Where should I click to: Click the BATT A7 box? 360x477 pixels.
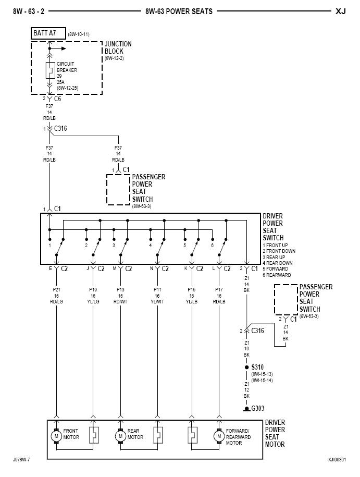(48, 33)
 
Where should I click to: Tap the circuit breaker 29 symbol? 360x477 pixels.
(49, 70)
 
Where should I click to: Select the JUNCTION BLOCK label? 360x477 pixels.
(118, 48)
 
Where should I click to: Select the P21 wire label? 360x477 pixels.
(56, 289)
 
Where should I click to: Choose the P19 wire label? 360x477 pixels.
(93, 289)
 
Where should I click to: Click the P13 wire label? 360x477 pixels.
(120, 289)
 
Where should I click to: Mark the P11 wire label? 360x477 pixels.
(157, 289)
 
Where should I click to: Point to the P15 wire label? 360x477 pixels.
(193, 289)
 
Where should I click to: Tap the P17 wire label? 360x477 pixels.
(219, 289)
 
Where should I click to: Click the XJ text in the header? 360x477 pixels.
(341, 11)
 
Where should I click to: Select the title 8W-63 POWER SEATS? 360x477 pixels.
(179, 11)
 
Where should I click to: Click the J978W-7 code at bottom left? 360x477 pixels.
(21, 460)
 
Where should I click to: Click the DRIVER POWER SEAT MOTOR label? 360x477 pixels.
(275, 434)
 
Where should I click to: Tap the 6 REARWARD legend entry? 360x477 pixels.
(277, 275)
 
